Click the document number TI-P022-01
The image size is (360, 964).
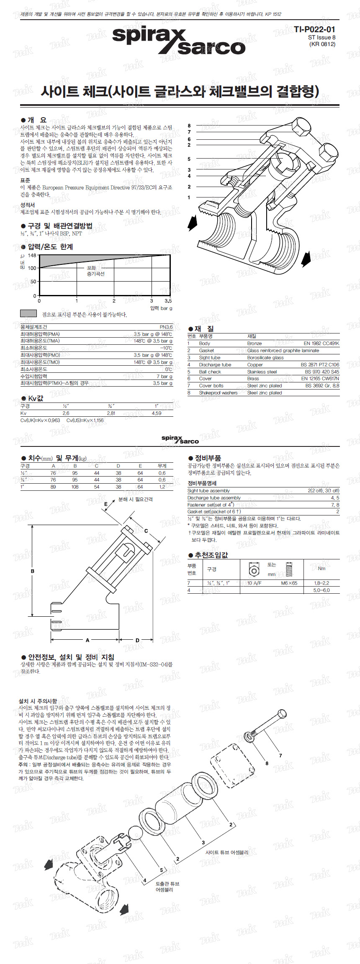[314, 29]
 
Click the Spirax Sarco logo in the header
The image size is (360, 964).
[178, 41]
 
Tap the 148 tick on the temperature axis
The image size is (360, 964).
[32, 255]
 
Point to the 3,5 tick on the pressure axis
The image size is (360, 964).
[168, 301]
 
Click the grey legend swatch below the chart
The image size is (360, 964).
[28, 313]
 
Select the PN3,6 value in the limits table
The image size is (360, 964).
[166, 327]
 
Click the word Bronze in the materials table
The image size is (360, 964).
[255, 344]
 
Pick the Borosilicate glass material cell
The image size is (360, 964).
[265, 358]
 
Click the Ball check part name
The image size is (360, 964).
[210, 372]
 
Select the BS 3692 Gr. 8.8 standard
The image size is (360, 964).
[322, 386]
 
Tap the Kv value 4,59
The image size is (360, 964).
[157, 413]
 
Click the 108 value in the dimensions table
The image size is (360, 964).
[75, 487]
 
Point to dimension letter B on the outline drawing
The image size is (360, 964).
[32, 571]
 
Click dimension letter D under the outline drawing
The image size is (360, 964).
[137, 640]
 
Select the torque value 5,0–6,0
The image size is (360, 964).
[321, 590]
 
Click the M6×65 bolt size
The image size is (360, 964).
[289, 583]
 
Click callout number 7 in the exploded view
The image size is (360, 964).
[280, 756]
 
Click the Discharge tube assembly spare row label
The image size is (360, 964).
[214, 498]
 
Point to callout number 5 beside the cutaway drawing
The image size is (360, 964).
[189, 159]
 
